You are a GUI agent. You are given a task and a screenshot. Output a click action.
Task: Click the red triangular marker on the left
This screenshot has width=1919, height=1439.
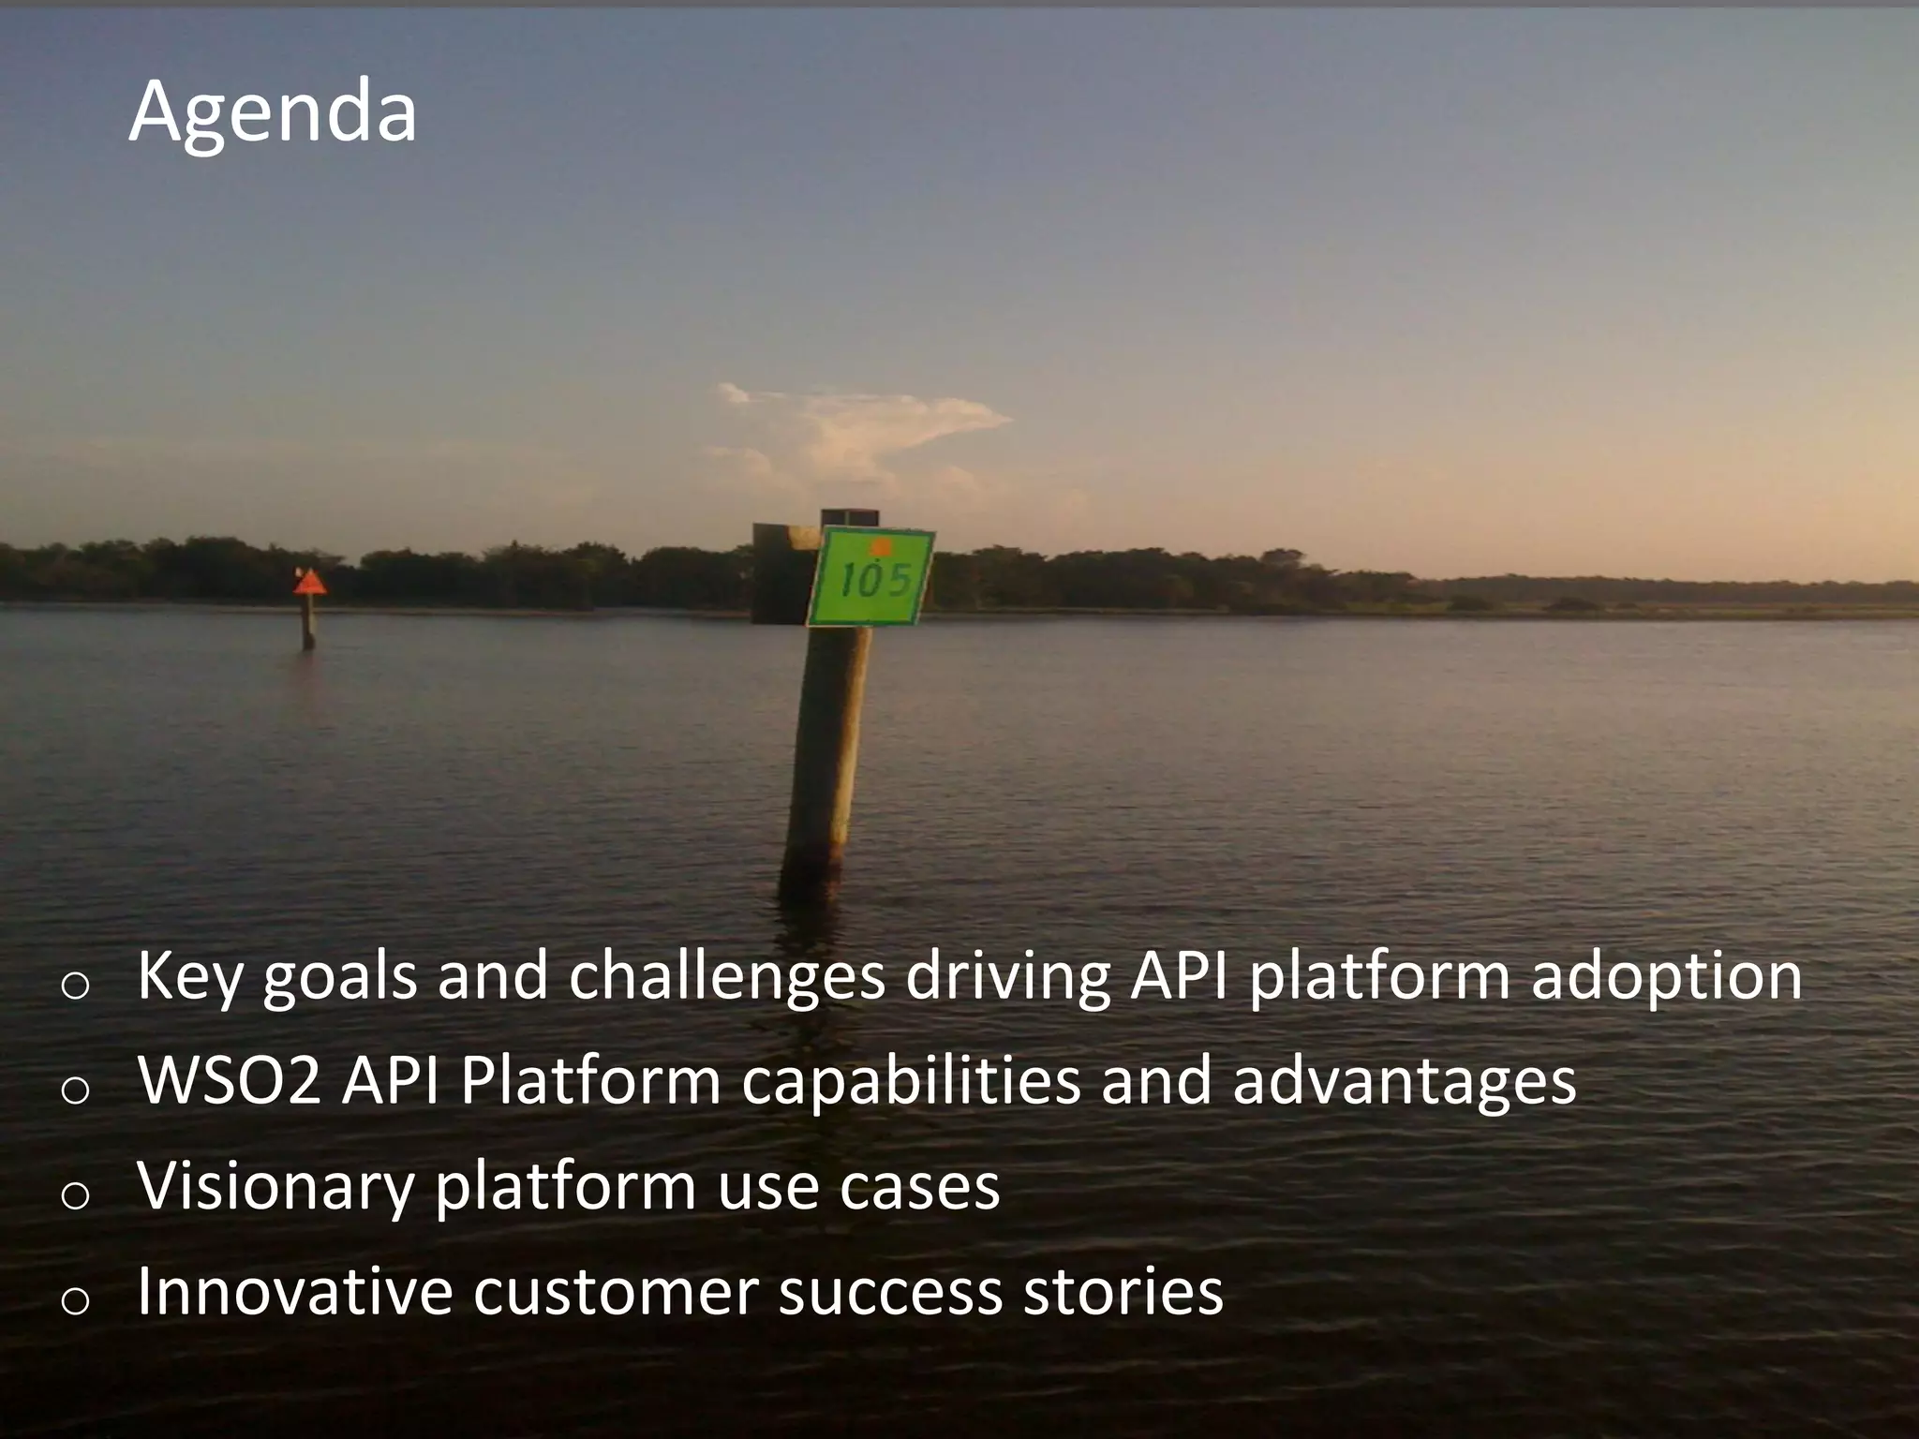pyautogui.click(x=309, y=583)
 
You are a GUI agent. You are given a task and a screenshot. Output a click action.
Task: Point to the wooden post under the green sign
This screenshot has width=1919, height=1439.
pyautogui.click(x=825, y=749)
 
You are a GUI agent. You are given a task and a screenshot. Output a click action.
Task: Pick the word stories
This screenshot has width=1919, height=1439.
pyautogui.click(x=1123, y=1291)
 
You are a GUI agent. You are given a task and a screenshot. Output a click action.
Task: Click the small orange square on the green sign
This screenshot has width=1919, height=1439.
pyautogui.click(x=880, y=546)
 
